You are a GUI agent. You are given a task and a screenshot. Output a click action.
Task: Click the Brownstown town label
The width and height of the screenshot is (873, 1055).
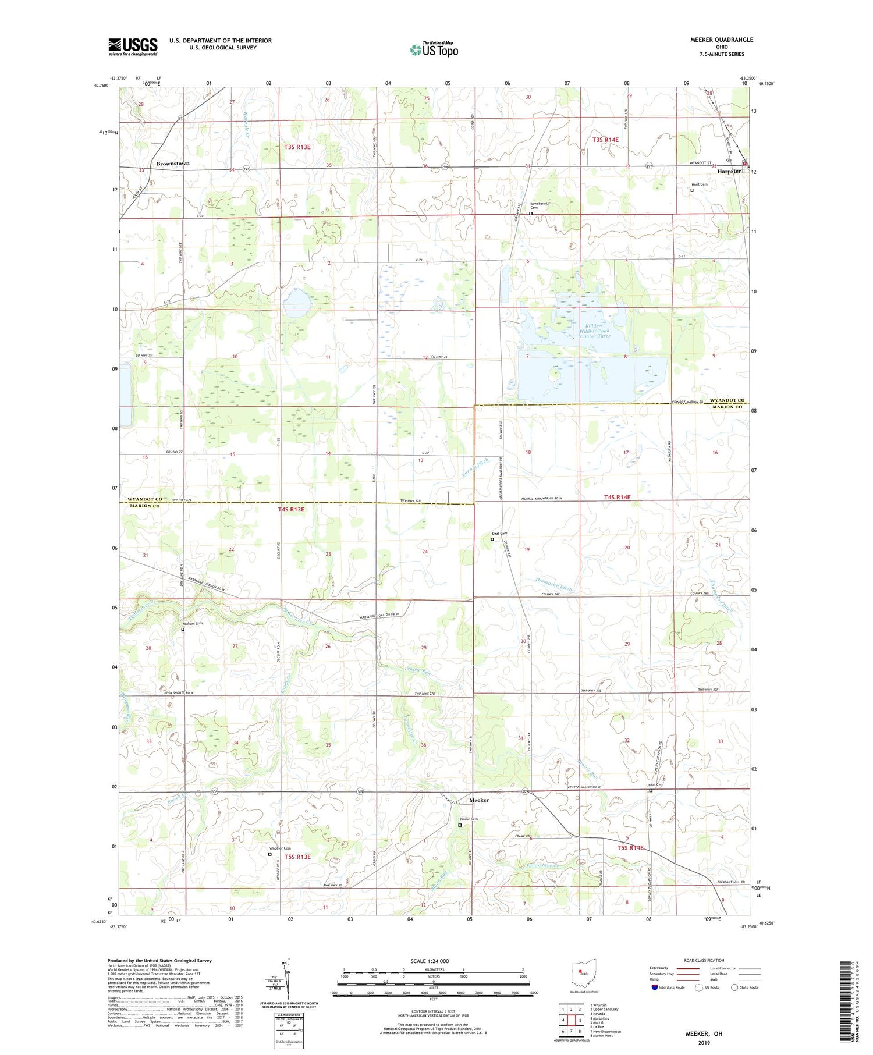point(173,164)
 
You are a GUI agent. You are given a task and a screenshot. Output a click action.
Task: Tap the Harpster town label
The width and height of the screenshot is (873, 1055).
point(729,172)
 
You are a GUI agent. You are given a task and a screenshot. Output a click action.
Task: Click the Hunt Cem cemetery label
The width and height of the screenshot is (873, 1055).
point(700,184)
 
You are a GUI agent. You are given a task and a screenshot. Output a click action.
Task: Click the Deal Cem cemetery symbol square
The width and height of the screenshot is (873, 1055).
point(492,539)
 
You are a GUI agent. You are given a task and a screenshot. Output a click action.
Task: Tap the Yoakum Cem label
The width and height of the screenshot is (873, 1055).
point(191,624)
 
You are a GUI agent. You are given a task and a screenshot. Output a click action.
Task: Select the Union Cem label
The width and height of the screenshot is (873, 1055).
point(655,785)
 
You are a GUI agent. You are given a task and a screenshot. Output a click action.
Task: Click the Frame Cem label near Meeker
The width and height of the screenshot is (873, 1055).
point(469,819)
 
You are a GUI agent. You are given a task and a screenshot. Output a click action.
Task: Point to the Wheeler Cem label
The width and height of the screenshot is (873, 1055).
point(279,848)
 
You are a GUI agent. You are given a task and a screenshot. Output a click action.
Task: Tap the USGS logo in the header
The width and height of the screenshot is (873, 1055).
point(133,47)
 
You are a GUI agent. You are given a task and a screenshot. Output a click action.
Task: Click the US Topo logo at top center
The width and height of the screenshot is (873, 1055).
point(434,49)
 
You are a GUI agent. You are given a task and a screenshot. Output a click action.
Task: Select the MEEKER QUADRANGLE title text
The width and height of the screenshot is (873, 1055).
point(721,40)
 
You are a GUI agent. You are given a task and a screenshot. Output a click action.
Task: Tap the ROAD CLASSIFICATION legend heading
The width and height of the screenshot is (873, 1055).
point(704,960)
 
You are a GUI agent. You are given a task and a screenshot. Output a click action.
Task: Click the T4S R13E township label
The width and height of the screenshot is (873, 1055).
point(291,510)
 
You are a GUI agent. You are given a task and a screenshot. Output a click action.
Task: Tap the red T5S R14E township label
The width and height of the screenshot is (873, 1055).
point(630,848)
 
